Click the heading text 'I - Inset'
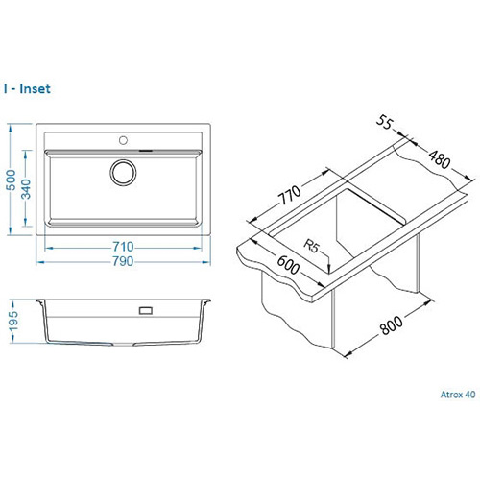pos(27,89)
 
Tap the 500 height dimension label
pos(12,180)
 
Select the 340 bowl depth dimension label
pos(26,189)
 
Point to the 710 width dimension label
pos(123,247)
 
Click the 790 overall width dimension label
pos(123,261)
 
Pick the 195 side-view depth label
pos(13,321)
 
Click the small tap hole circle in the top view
pos(123,140)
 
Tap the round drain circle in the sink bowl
pos(123,173)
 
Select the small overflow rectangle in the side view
pos(146,310)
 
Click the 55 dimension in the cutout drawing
pos(384,122)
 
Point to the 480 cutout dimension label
pos(440,159)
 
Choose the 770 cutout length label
pos(291,195)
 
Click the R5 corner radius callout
pos(311,246)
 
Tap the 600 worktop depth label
pos(288,265)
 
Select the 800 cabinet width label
pos(392,325)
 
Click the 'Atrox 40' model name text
pos(458,395)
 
